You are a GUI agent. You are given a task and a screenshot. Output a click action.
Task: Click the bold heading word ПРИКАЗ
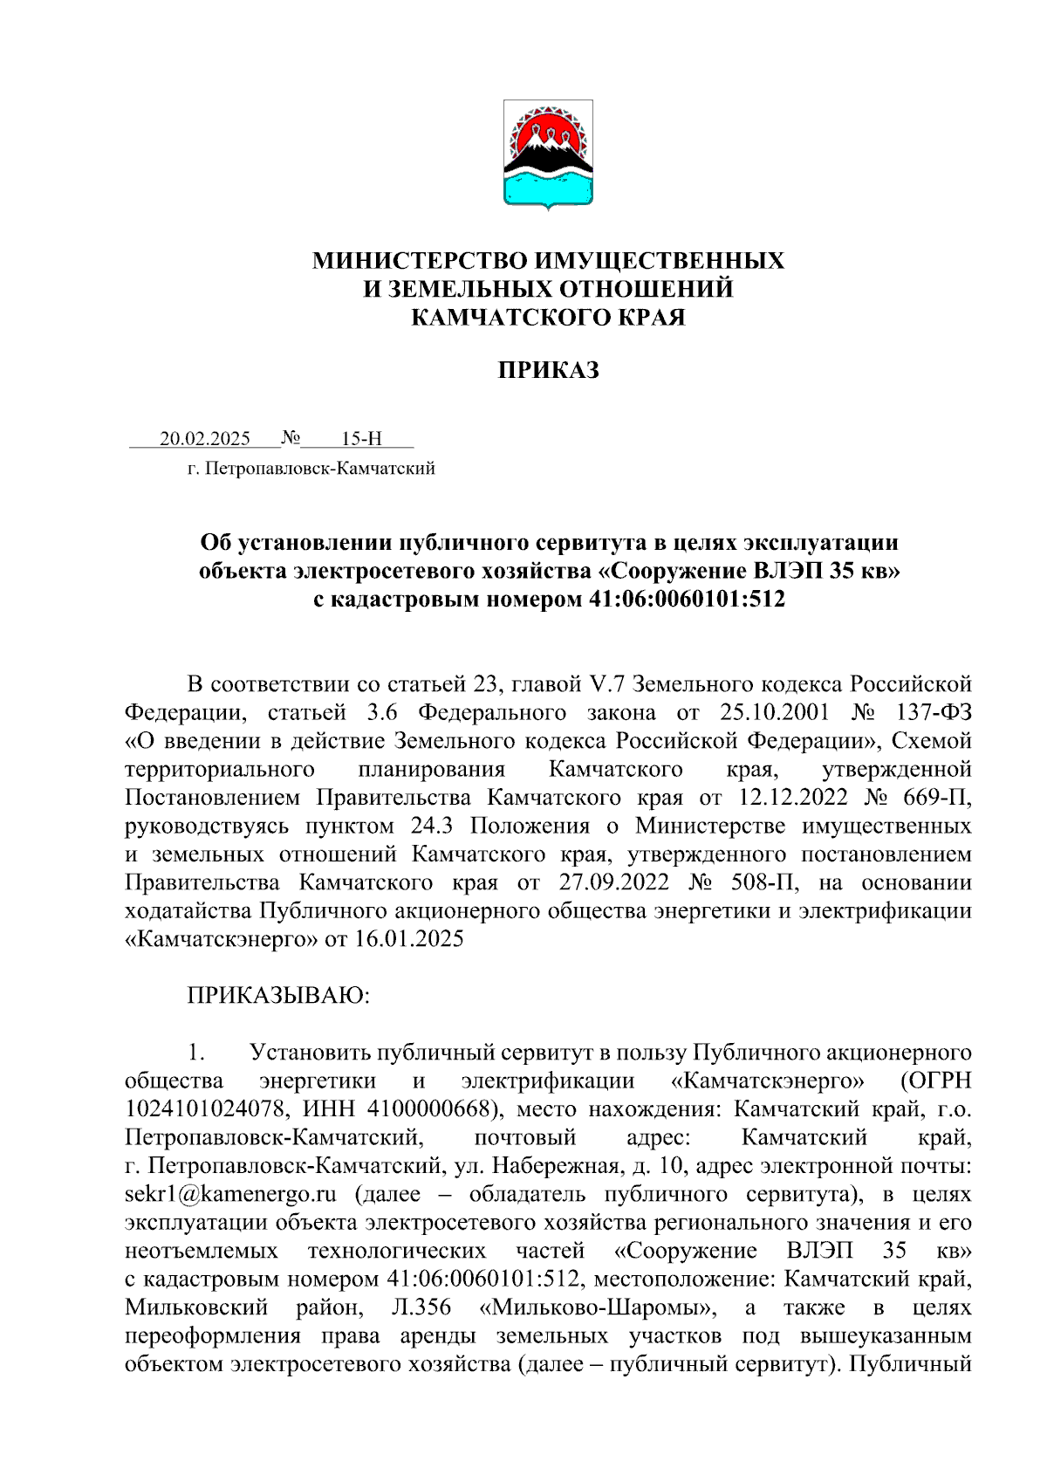(x=549, y=371)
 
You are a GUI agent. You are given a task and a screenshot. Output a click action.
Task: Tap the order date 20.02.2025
(x=205, y=438)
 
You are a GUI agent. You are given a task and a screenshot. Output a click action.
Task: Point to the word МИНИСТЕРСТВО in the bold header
(x=420, y=261)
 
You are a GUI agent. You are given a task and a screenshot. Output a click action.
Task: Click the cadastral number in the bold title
(x=681, y=600)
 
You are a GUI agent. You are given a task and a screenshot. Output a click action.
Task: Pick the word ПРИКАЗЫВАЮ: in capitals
(x=278, y=995)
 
